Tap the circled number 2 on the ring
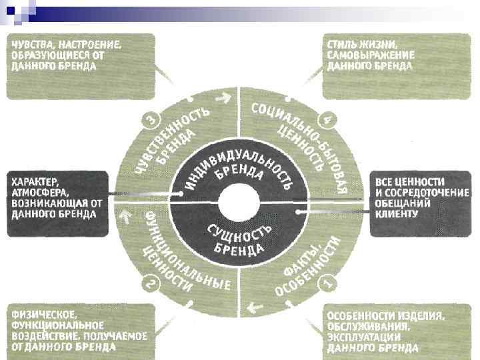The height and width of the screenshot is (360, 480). (x=151, y=285)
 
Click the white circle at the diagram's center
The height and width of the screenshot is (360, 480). (x=240, y=201)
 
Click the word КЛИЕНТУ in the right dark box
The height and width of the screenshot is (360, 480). (x=397, y=214)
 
